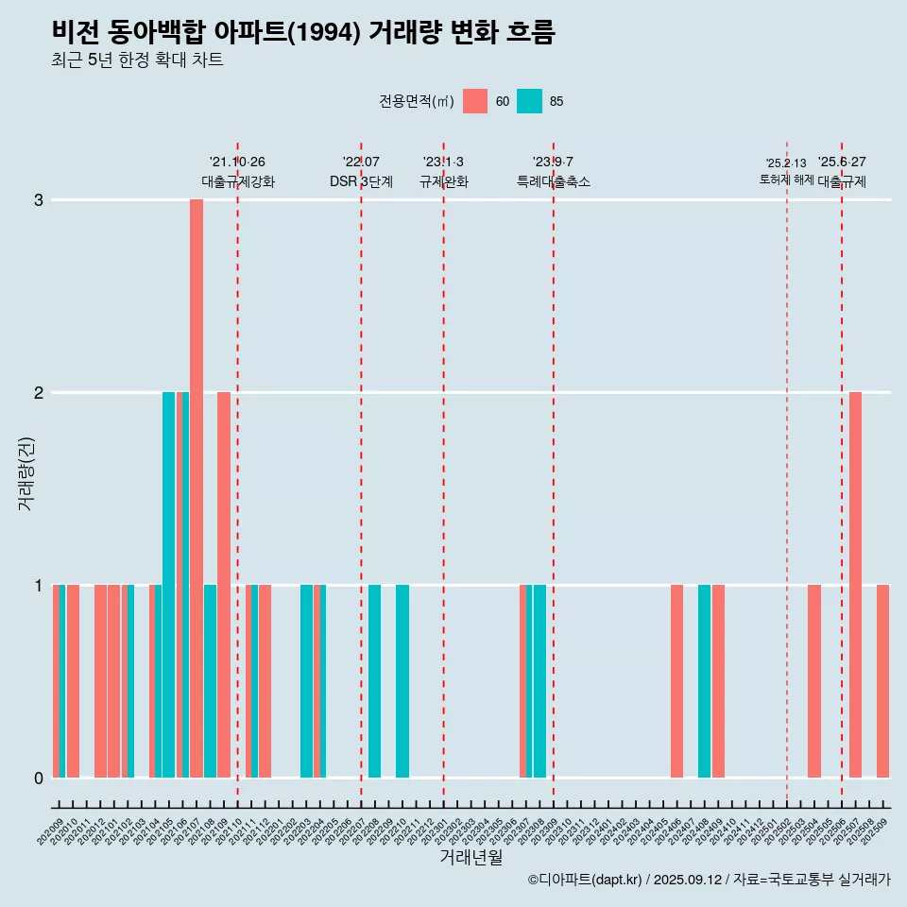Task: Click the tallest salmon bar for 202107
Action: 197,488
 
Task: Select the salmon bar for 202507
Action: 855,584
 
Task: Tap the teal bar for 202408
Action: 704,680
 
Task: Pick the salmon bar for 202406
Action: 676,680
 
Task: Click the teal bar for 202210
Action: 402,680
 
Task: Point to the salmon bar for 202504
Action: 814,680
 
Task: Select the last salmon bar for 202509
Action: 882,680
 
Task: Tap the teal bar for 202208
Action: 375,680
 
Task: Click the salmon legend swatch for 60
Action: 475,101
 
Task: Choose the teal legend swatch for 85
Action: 530,101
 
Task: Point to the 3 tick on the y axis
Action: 39,200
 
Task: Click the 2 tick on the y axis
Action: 39,392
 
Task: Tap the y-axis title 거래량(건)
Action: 26,472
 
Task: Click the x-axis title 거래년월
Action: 471,857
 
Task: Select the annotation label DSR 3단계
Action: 361,181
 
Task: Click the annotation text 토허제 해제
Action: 786,179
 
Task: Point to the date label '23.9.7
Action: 553,163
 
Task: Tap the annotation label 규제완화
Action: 444,181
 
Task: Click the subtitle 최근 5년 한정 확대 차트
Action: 137,60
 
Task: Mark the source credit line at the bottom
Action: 709,880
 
